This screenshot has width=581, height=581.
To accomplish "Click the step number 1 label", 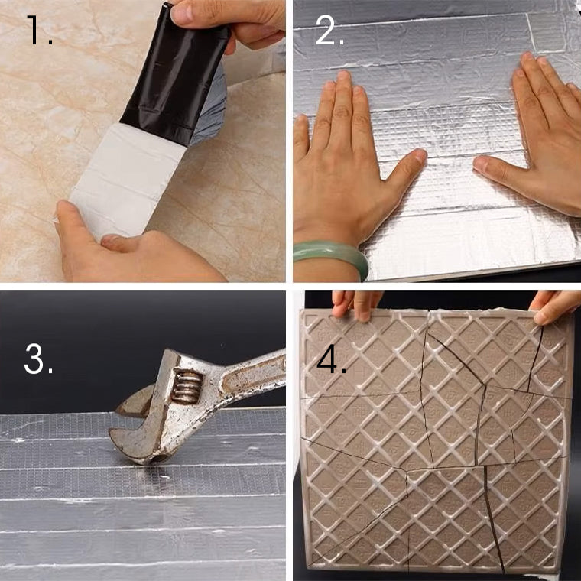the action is point(39,31).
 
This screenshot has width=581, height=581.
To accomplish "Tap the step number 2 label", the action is point(329,31).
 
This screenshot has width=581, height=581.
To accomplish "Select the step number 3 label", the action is point(38,359).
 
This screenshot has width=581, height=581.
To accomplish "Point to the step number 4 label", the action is point(332,359).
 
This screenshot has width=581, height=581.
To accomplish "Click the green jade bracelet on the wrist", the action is point(331,256).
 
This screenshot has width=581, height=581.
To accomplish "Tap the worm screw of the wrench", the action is point(187,387).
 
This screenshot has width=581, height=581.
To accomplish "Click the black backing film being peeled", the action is point(175,74).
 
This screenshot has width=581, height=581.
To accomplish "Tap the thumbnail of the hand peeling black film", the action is point(182,14).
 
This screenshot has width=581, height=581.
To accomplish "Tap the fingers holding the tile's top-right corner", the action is point(555,307).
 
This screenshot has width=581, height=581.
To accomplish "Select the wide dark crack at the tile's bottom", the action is point(494,519).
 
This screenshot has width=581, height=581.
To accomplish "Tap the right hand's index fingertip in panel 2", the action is point(527,60).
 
